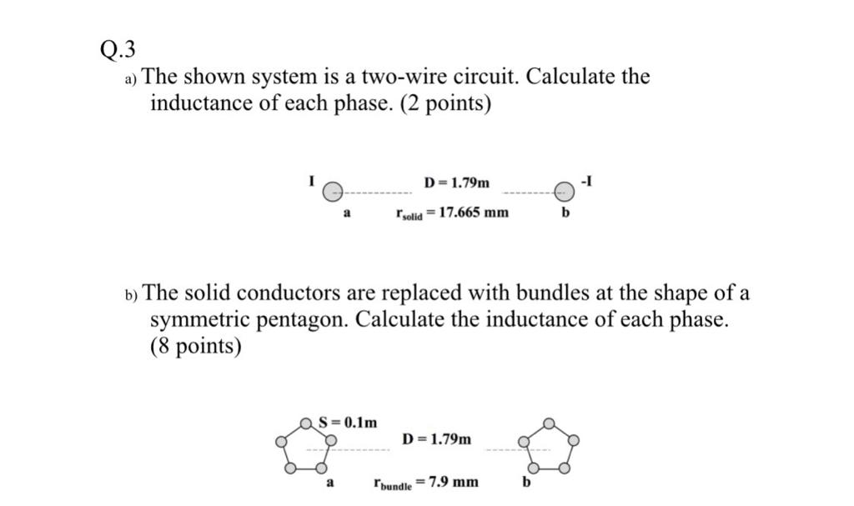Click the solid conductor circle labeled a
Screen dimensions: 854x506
[332, 192]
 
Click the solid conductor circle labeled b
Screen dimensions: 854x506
[565, 192]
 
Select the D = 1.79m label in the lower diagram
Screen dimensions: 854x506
[436, 438]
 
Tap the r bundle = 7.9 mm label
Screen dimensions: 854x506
[425, 482]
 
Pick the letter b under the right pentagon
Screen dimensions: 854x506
[527, 482]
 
